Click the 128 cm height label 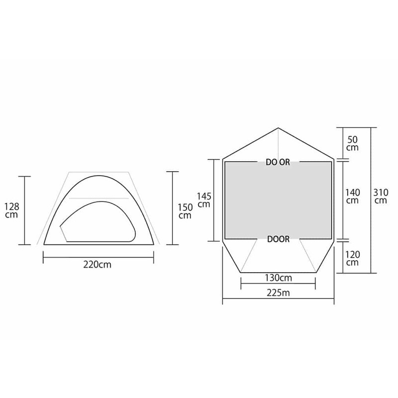pyautogui.click(x=12, y=210)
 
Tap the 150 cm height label pyautogui.click(x=185, y=211)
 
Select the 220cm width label pyautogui.click(x=97, y=265)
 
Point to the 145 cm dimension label pyautogui.click(x=204, y=200)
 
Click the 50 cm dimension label pyautogui.click(x=352, y=143)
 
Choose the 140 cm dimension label pyautogui.click(x=352, y=196)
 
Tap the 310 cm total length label pyautogui.click(x=381, y=196)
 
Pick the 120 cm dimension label pyautogui.click(x=352, y=258)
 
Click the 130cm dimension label pyautogui.click(x=279, y=278)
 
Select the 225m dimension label pyautogui.click(x=278, y=293)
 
